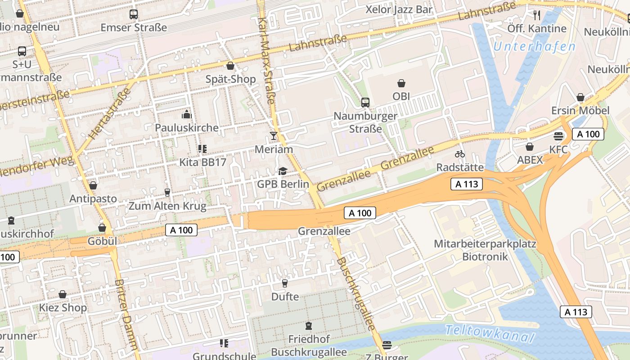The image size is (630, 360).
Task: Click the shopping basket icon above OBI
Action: (401, 83)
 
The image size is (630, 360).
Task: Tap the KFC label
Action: (558, 149)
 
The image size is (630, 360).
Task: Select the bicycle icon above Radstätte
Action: (459, 154)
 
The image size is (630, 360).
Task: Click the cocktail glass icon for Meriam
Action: (273, 135)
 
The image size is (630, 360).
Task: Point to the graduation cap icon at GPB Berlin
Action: (283, 171)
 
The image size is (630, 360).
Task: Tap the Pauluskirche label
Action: (187, 128)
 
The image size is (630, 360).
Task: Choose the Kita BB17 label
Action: (202, 162)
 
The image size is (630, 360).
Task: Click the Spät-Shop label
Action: (230, 79)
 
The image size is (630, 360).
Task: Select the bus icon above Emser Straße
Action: (134, 14)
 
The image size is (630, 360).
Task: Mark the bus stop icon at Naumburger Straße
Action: (365, 103)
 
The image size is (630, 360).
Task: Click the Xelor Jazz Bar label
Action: (399, 9)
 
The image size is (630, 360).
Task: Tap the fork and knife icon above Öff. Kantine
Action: (536, 15)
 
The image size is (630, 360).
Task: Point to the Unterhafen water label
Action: (534, 46)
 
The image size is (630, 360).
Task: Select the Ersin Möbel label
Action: (580, 111)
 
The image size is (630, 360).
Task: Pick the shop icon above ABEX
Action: (530, 147)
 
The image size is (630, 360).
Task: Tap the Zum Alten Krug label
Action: (167, 207)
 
